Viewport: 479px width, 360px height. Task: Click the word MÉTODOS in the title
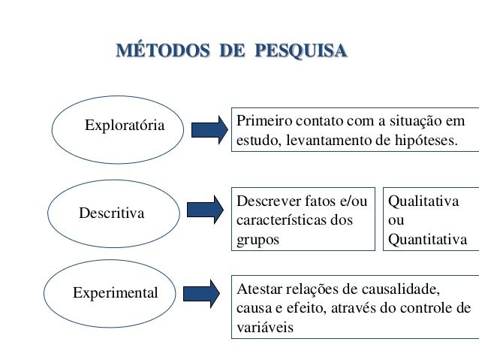tap(158, 53)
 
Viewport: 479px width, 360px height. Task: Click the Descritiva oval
tap(110, 213)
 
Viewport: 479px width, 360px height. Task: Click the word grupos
tap(258, 241)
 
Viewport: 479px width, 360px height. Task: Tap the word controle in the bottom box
tap(430, 309)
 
